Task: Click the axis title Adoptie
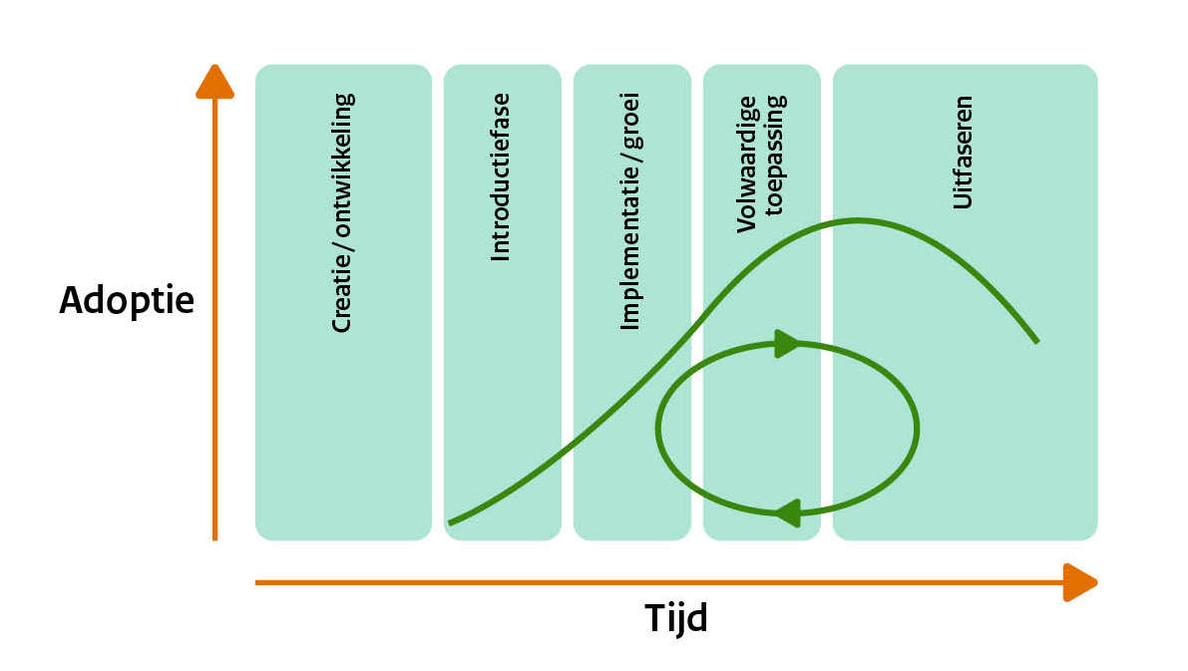pos(127,300)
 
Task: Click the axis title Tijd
pos(675,619)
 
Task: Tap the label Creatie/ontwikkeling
pos(342,212)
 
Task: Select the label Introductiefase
pos(501,177)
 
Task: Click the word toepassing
pos(776,164)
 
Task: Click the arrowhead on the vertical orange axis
pos(214,83)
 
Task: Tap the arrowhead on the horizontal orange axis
pos(1079,582)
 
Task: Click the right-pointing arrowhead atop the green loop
pos(787,344)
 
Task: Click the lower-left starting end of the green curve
pos(451,521)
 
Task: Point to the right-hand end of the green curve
pos(1036,342)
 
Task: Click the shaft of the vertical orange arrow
pos(214,319)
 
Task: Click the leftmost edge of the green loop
pos(659,429)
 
